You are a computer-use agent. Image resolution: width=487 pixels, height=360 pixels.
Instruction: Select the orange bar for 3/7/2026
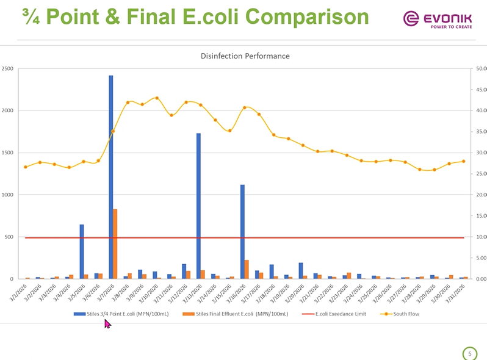click(x=115, y=244)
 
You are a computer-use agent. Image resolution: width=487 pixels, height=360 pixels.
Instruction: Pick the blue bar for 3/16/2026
click(x=242, y=231)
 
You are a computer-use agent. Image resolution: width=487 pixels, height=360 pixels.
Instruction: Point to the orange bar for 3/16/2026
click(x=247, y=269)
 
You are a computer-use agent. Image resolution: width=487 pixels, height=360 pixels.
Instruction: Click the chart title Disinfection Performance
click(x=245, y=56)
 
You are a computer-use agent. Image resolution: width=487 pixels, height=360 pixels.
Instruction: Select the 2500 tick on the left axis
click(x=9, y=68)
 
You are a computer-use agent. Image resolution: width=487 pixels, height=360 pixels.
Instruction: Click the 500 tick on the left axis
click(x=10, y=237)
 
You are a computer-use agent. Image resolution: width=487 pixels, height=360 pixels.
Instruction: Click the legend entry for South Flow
click(x=402, y=314)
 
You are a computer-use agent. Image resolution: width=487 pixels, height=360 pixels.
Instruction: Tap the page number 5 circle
click(x=469, y=353)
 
